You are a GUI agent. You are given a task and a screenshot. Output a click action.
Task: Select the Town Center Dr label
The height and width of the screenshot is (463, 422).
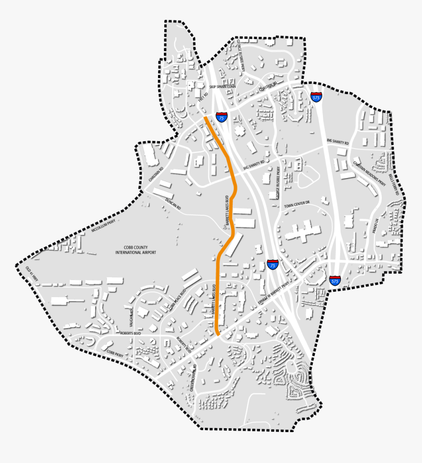point(297,203)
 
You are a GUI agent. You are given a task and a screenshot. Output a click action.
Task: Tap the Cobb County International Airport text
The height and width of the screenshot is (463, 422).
point(135,250)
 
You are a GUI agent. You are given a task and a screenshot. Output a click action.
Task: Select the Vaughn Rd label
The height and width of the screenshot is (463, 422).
point(132,319)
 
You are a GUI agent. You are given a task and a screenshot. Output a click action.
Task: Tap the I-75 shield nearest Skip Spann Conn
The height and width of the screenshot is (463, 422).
point(221,116)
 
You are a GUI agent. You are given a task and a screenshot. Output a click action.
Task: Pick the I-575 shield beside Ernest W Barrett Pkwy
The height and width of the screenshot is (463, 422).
point(335,281)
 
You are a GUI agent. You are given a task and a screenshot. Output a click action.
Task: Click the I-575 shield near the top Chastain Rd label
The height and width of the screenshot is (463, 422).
point(316,96)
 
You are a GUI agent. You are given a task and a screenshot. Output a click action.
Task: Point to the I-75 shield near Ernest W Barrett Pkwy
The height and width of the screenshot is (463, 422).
point(273,265)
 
